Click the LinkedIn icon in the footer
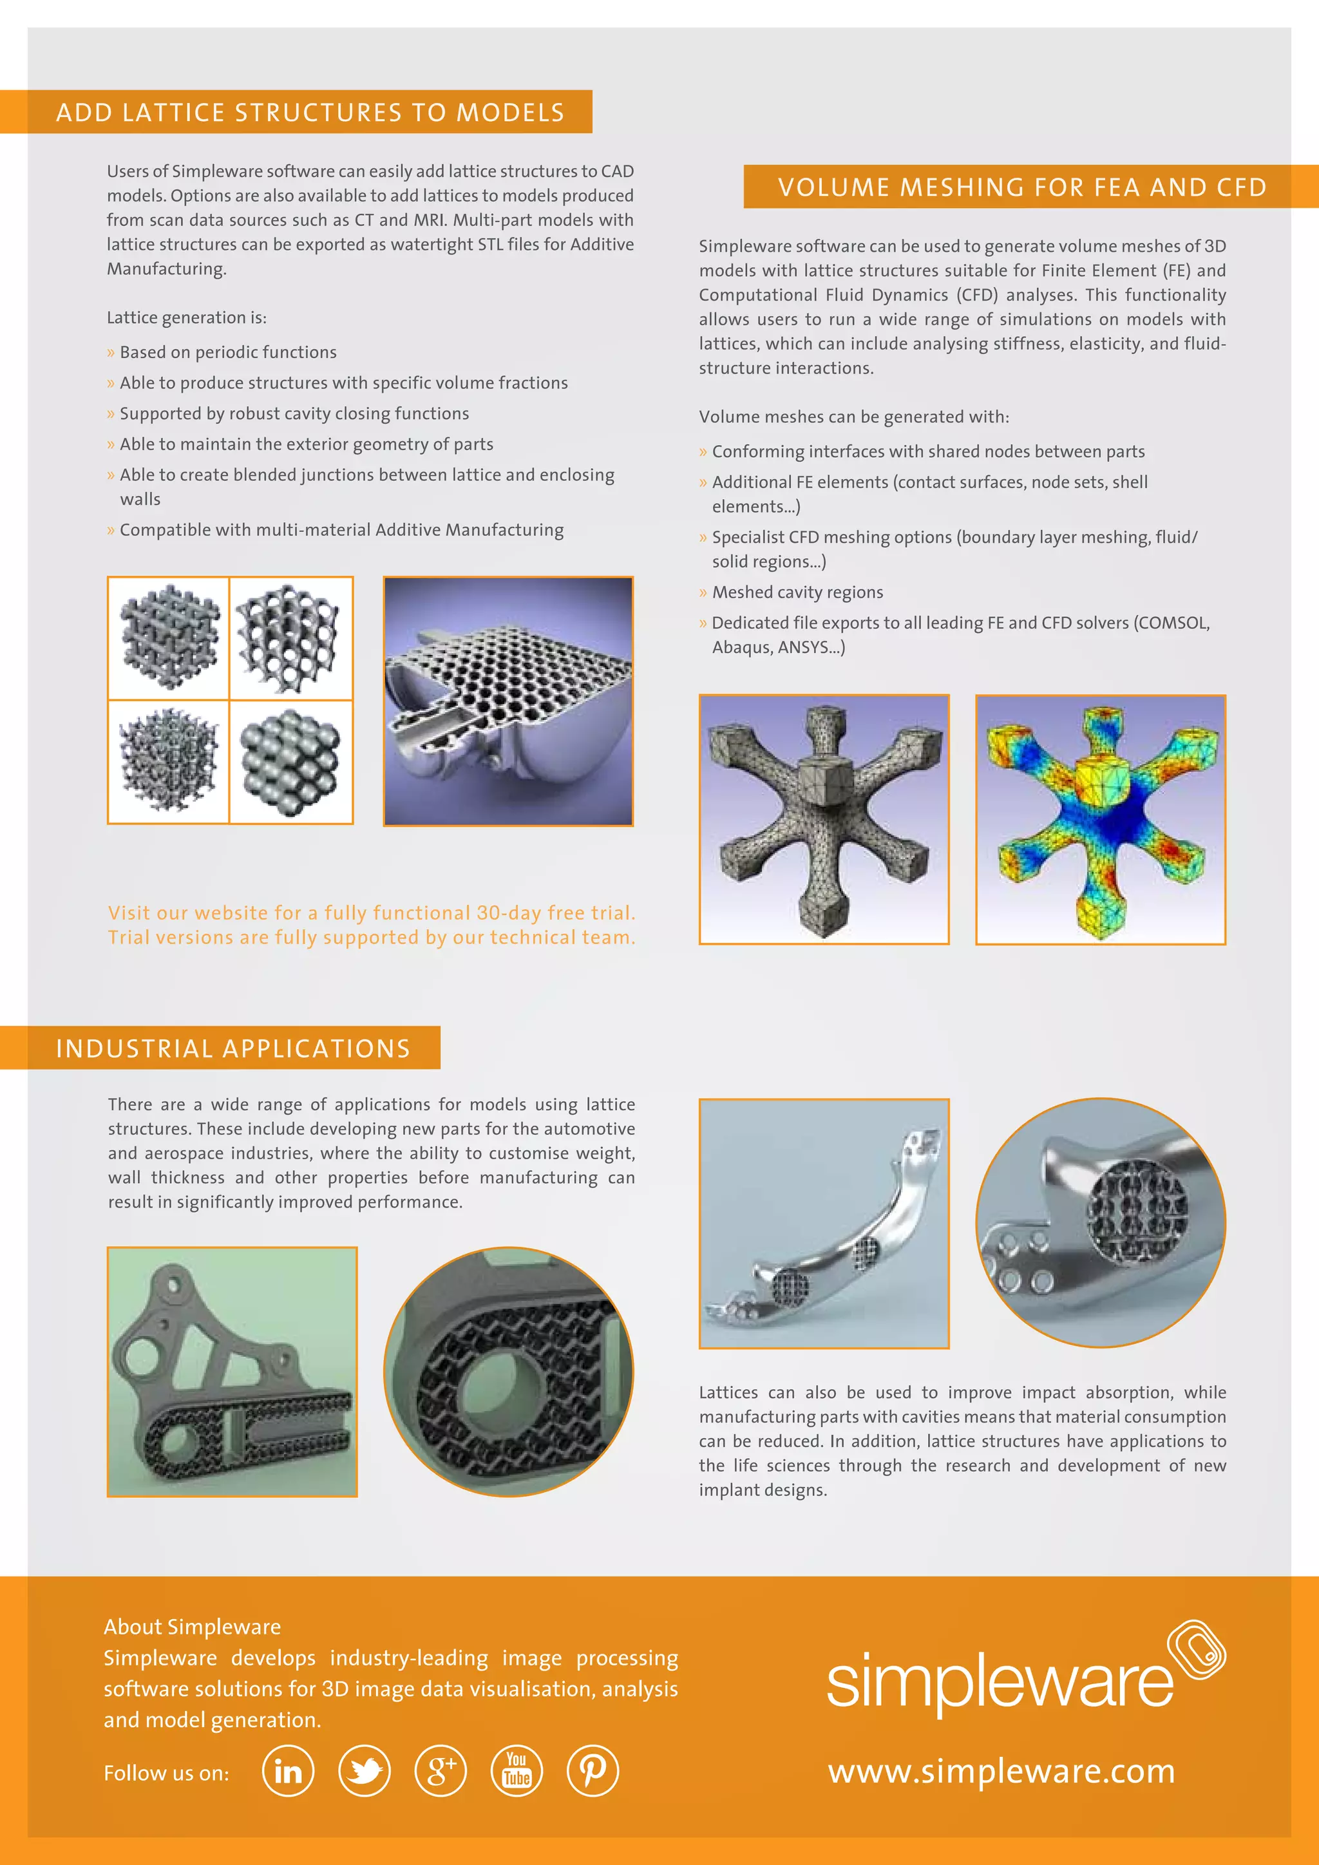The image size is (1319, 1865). [287, 1771]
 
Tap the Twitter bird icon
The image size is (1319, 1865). [364, 1771]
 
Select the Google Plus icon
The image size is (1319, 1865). [441, 1771]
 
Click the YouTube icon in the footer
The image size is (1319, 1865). [517, 1771]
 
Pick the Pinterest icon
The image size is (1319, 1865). [592, 1771]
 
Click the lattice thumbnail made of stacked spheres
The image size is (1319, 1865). [290, 762]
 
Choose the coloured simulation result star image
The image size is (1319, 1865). [1100, 820]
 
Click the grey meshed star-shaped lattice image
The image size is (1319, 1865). [824, 820]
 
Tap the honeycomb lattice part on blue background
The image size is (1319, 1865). [508, 701]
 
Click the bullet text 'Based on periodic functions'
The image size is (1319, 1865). [227, 352]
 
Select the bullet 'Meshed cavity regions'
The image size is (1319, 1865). [797, 592]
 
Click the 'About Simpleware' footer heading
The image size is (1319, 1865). [193, 1626]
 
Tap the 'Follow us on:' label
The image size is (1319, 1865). [167, 1773]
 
